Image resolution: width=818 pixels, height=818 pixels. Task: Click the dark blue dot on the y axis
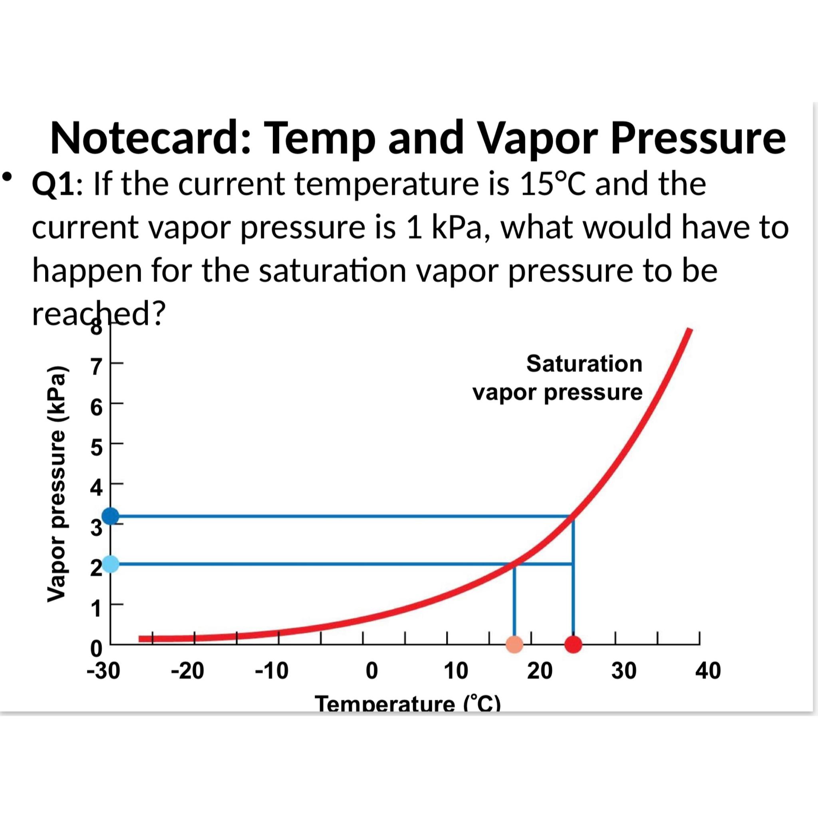(x=111, y=516)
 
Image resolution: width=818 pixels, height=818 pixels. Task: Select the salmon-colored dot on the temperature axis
(x=514, y=644)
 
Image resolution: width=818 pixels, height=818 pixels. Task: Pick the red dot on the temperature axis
(x=573, y=644)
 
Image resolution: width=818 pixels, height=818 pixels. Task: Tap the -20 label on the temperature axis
(x=187, y=671)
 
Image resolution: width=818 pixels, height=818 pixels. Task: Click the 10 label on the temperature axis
(x=456, y=671)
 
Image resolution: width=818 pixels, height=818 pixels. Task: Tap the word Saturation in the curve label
(x=584, y=364)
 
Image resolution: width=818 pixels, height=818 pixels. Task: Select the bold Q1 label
(x=54, y=185)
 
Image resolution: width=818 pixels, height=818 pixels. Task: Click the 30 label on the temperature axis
(x=624, y=671)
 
